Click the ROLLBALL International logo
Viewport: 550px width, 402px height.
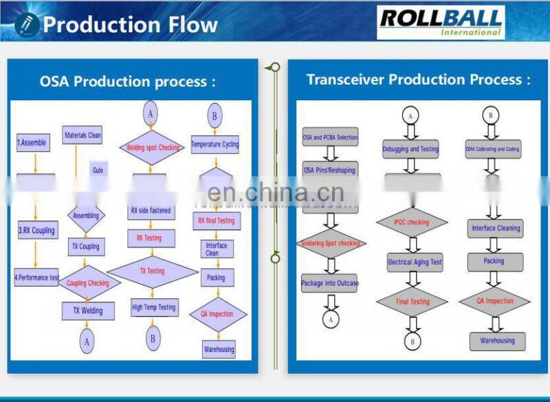(x=441, y=22)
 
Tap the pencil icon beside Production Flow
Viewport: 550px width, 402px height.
(x=27, y=25)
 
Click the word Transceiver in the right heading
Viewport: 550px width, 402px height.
(x=346, y=80)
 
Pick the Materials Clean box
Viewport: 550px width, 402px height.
(x=82, y=135)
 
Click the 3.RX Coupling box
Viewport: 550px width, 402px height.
(x=36, y=230)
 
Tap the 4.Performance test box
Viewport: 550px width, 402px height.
(x=36, y=278)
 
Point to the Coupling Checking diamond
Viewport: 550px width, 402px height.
(x=87, y=283)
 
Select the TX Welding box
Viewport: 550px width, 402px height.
(x=87, y=311)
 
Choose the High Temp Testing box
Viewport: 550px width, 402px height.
(x=153, y=307)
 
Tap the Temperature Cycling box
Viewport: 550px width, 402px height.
(x=214, y=144)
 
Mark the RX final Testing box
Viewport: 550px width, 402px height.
(x=216, y=221)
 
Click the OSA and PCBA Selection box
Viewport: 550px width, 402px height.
(x=330, y=137)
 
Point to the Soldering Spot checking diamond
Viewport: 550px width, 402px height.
(x=330, y=243)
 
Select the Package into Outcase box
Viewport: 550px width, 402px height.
(x=330, y=283)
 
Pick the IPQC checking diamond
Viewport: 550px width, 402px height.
(x=412, y=222)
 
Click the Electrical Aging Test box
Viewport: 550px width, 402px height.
(x=414, y=262)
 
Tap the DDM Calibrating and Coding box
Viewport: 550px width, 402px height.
(x=492, y=148)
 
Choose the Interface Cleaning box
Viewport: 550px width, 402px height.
(x=496, y=228)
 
